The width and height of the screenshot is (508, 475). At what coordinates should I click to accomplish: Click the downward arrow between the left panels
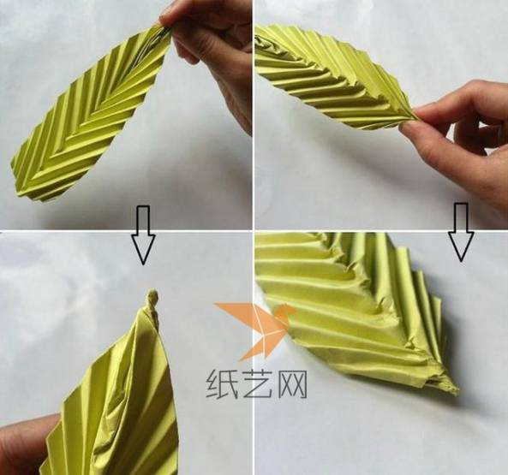[143, 235]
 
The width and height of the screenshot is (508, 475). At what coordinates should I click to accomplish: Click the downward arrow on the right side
[461, 232]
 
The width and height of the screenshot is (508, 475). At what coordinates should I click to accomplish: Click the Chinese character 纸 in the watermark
[222, 383]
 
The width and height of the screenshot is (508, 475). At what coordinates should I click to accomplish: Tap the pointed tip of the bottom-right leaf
[456, 390]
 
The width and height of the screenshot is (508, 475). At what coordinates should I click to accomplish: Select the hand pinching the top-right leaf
[460, 136]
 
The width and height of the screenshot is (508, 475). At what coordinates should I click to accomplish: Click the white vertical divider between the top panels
[254, 115]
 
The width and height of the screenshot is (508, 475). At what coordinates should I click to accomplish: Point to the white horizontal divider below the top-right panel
[381, 230]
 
